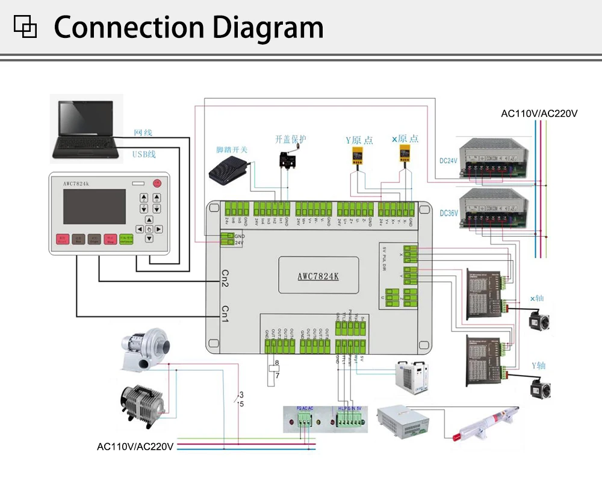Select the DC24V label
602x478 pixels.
(x=448, y=161)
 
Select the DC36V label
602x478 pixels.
(x=448, y=213)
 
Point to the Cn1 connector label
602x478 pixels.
(x=225, y=314)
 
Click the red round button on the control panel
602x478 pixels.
(x=157, y=182)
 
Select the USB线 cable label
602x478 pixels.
(x=144, y=154)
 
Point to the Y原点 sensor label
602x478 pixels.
(x=359, y=140)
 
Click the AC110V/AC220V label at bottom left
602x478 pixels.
(x=135, y=447)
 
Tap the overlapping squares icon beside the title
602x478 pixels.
(x=25, y=26)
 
